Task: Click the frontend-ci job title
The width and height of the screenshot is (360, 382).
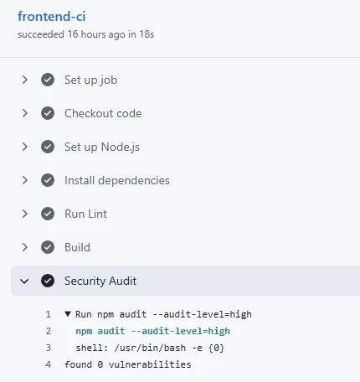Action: click(52, 17)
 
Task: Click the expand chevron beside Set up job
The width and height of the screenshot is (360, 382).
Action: click(25, 80)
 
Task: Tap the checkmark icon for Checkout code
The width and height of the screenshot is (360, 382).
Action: click(48, 113)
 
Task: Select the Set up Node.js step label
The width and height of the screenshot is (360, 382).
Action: click(102, 147)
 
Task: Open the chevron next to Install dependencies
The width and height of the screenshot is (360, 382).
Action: click(25, 180)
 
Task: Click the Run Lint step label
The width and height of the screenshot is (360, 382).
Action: click(85, 214)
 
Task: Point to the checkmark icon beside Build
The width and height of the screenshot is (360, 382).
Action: click(48, 247)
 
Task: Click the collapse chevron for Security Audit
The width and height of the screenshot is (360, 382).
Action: click(24, 281)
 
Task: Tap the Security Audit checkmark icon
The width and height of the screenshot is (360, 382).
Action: click(48, 281)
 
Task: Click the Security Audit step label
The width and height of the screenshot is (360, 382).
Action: click(100, 281)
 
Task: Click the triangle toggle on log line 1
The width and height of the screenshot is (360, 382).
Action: click(68, 314)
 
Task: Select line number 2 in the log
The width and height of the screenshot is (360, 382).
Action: click(49, 331)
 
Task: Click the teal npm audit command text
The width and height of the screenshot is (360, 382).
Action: click(153, 331)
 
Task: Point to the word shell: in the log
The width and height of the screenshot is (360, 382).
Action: click(92, 348)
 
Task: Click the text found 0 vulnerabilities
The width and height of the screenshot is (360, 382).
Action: click(128, 364)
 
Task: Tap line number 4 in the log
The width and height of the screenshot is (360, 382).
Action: click(49, 364)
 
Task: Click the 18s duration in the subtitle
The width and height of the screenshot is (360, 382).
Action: click(147, 34)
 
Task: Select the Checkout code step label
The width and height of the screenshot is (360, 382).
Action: click(103, 113)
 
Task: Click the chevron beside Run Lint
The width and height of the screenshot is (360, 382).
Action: click(25, 214)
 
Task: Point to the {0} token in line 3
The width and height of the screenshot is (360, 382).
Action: click(216, 348)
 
